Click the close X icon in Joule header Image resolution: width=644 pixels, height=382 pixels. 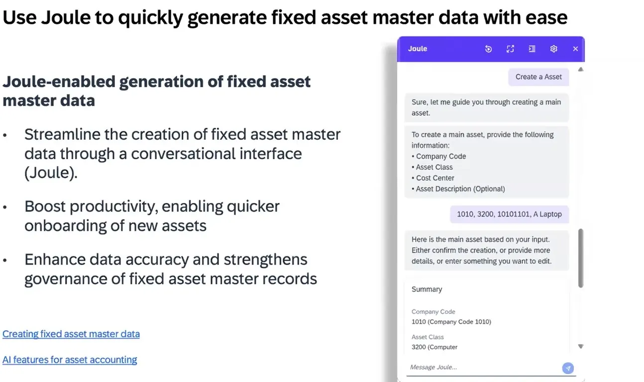(575, 49)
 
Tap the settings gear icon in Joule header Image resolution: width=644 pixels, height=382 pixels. (554, 49)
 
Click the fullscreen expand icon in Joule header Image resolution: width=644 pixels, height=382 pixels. (510, 49)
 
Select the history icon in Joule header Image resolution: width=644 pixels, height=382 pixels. (488, 49)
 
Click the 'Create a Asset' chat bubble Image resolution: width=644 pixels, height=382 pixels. (538, 77)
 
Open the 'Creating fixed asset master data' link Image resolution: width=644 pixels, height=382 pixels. (71, 334)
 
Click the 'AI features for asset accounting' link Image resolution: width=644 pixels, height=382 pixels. (70, 360)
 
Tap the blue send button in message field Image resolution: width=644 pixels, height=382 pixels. (568, 368)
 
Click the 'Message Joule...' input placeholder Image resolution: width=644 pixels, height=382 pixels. (433, 367)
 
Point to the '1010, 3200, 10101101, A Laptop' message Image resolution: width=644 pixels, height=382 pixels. (509, 214)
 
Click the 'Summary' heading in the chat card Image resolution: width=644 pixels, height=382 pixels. (427, 289)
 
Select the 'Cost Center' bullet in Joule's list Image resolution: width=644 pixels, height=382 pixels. (433, 178)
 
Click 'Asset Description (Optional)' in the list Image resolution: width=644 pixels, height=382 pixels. (458, 189)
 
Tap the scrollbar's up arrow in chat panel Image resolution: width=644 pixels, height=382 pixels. (581, 69)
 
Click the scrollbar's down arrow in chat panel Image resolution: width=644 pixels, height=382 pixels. (581, 346)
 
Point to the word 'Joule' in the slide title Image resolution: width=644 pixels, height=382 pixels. (66, 17)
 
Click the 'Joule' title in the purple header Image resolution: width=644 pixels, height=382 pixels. (418, 49)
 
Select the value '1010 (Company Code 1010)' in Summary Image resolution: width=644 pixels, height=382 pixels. (451, 322)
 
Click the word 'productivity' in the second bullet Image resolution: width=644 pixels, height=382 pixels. (114, 206)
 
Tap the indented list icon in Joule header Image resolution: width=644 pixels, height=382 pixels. (532, 49)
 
